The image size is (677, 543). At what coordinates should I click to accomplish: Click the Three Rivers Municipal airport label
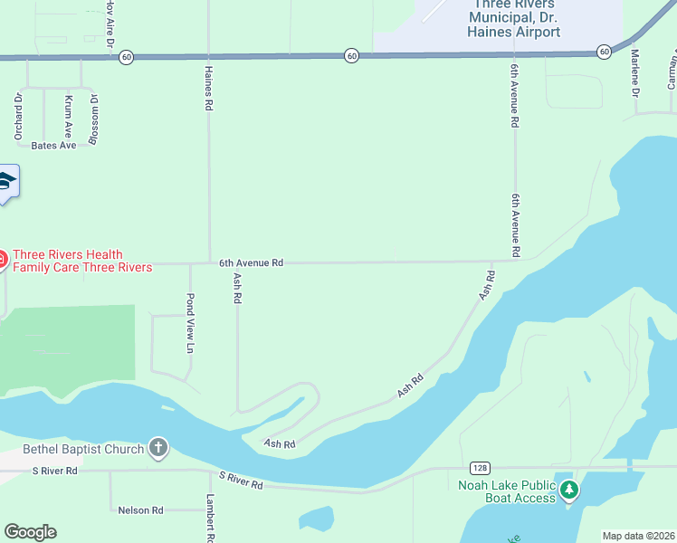click(x=513, y=18)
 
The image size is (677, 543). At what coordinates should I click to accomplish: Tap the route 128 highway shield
click(x=481, y=468)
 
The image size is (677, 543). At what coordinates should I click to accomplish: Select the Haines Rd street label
click(x=209, y=89)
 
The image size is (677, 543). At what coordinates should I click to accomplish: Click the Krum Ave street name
click(x=68, y=117)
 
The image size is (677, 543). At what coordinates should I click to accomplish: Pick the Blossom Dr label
click(x=93, y=119)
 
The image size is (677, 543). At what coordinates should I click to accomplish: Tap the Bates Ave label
click(x=53, y=146)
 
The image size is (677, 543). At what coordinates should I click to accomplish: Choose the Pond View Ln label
click(x=191, y=323)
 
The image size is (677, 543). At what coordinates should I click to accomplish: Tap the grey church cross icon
click(x=158, y=449)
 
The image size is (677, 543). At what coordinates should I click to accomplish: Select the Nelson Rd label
click(x=140, y=510)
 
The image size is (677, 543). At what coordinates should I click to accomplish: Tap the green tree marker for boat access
click(x=568, y=491)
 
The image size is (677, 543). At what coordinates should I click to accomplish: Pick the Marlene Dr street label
click(x=634, y=74)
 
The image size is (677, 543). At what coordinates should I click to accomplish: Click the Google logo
click(x=30, y=532)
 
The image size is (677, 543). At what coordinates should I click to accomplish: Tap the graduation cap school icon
click(x=6, y=184)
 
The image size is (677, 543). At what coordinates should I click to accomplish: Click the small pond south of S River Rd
click(x=318, y=519)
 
